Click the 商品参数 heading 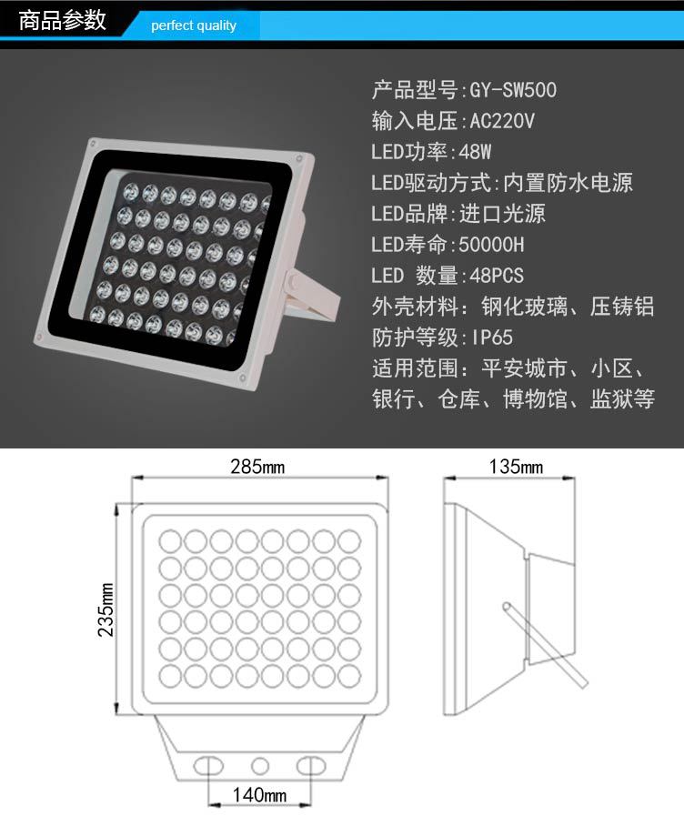click(x=62, y=20)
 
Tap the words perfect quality click(x=194, y=25)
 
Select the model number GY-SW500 click(x=513, y=90)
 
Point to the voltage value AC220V click(x=502, y=121)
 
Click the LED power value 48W click(x=475, y=152)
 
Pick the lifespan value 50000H click(x=491, y=245)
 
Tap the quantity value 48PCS click(x=497, y=276)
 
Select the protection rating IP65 click(x=492, y=337)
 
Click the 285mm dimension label click(x=257, y=467)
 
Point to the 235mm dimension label click(x=106, y=609)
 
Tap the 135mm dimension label click(x=516, y=467)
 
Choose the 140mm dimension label click(x=259, y=795)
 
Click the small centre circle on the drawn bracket click(x=260, y=766)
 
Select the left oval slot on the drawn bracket click(x=208, y=766)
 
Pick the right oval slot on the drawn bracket click(x=311, y=766)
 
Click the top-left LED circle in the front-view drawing click(x=169, y=540)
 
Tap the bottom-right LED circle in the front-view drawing click(x=349, y=677)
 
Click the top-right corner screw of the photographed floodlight click(x=299, y=158)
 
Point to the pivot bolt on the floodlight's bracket click(x=293, y=281)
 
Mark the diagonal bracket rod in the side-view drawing click(x=545, y=645)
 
